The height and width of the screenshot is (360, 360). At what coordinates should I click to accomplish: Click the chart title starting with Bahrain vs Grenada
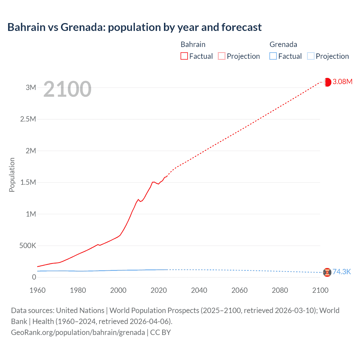click(x=134, y=27)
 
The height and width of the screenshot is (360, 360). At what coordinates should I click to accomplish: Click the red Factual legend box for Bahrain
click(x=184, y=56)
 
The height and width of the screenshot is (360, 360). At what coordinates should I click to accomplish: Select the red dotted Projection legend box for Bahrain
click(x=222, y=56)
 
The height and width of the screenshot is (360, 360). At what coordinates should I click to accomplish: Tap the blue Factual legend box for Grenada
click(x=273, y=56)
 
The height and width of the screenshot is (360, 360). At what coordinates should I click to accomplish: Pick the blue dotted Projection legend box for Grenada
click(x=310, y=56)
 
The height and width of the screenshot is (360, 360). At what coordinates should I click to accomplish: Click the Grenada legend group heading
click(x=283, y=44)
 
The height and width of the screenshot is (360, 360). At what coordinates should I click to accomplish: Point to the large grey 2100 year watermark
click(x=67, y=89)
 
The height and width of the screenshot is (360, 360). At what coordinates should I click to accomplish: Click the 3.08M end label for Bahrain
click(x=342, y=82)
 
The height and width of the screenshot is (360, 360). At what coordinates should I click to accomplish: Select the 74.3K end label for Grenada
click(x=342, y=272)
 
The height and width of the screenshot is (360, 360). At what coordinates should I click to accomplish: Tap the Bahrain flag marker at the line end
click(x=327, y=82)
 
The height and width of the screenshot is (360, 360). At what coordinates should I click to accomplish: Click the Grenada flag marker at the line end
click(x=327, y=272)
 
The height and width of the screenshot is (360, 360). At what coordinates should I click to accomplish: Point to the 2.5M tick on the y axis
click(x=28, y=119)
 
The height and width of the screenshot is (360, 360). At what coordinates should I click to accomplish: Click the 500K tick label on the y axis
click(x=28, y=246)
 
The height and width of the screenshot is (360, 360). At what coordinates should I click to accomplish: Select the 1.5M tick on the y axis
click(x=28, y=182)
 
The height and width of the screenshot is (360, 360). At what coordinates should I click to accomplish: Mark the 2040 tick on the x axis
click(x=199, y=290)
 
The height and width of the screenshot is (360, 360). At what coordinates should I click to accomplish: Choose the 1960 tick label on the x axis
click(x=37, y=290)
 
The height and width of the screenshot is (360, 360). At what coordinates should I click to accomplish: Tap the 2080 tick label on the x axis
click(x=280, y=290)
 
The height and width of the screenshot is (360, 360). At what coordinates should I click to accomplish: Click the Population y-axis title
click(x=12, y=175)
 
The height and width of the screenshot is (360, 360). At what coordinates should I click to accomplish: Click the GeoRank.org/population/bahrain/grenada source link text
click(x=78, y=332)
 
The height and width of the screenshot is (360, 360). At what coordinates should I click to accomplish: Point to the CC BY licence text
click(x=161, y=332)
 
